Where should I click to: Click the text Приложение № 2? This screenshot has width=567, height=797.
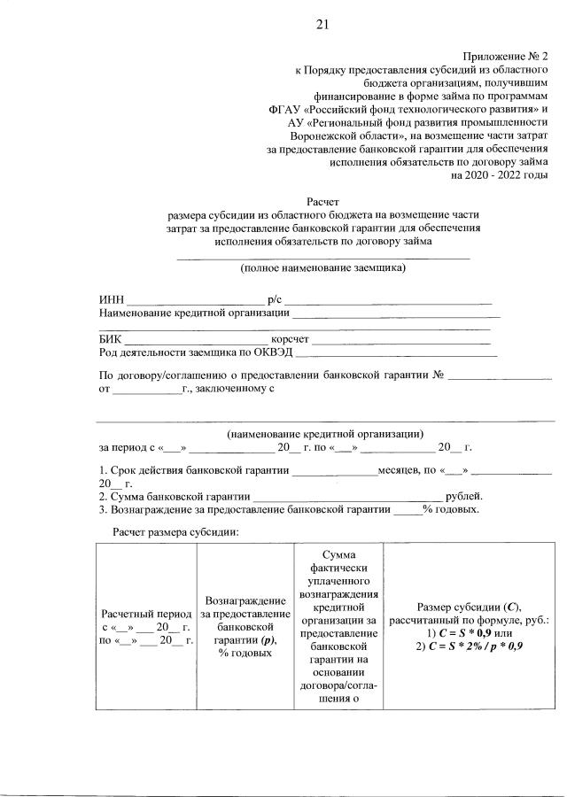point(506,55)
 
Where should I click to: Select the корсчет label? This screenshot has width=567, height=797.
point(290,337)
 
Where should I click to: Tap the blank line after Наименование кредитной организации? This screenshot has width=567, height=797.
point(396,313)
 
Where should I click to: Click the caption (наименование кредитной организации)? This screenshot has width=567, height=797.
point(324,433)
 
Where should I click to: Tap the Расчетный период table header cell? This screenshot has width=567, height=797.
point(146,626)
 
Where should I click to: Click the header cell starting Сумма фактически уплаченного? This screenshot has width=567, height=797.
point(333,626)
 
